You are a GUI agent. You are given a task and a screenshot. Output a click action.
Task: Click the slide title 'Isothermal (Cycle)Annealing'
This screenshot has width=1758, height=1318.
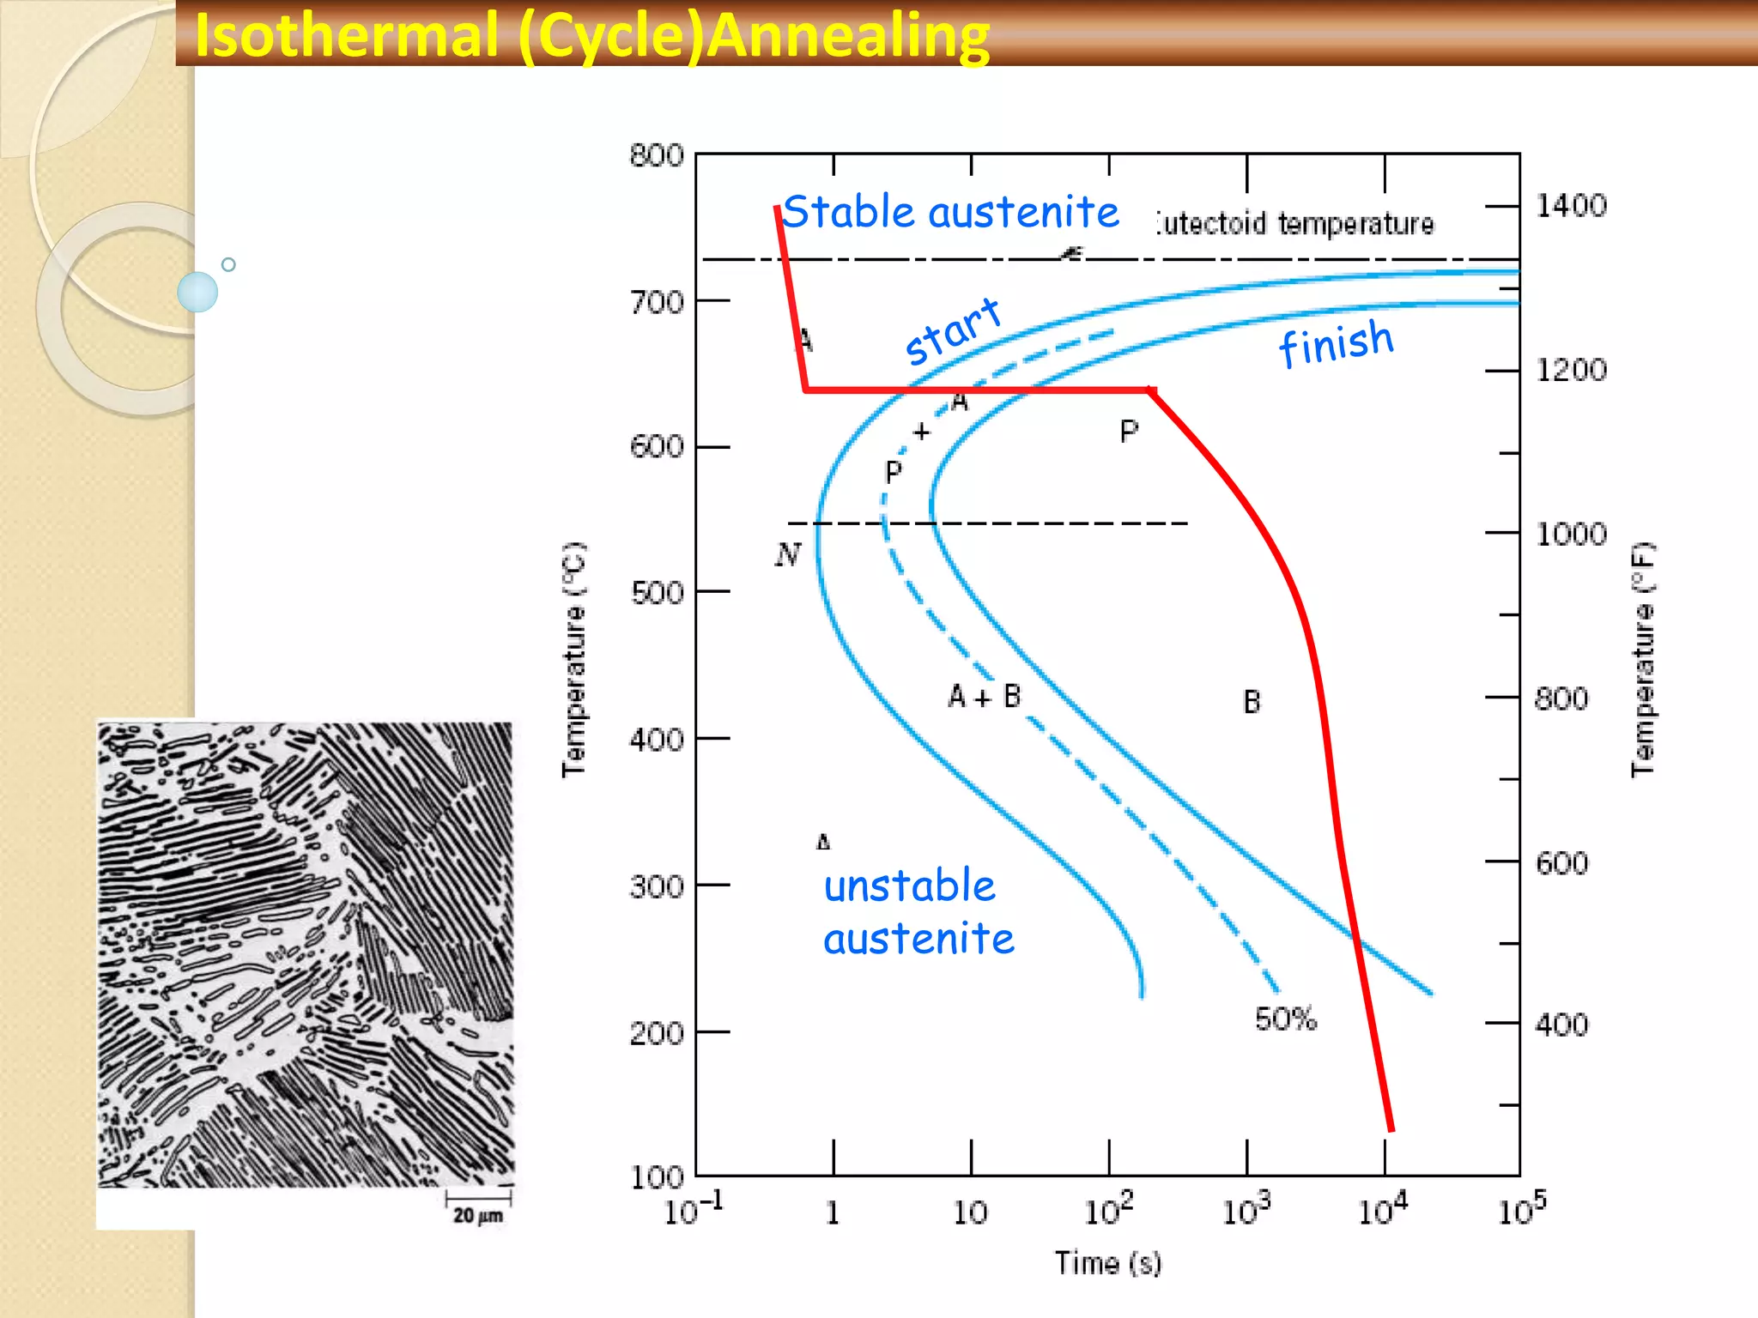(x=592, y=36)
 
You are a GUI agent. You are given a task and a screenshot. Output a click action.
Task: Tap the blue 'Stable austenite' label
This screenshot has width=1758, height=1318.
(x=951, y=212)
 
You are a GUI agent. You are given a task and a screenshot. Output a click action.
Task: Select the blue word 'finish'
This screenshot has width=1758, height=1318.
(x=1336, y=342)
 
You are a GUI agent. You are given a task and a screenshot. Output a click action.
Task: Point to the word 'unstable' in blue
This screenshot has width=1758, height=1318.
(x=910, y=886)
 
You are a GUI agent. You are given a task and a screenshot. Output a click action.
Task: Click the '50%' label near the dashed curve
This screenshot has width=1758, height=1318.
(x=1285, y=1019)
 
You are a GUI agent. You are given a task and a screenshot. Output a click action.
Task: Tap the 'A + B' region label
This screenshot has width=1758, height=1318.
(x=985, y=696)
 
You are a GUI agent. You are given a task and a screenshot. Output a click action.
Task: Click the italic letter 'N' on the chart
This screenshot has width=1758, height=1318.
(x=787, y=554)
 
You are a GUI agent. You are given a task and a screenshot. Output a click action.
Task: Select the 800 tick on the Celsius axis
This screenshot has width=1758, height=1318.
(x=657, y=156)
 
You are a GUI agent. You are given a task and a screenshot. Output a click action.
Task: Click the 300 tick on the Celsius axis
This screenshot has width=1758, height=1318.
(x=657, y=886)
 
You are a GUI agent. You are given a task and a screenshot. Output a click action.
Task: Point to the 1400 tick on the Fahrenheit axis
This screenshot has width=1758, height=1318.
(x=1571, y=206)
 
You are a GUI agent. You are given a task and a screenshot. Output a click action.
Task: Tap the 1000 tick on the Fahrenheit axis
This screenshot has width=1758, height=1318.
(x=1571, y=534)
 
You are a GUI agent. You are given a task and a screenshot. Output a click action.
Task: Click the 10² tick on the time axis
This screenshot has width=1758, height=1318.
(x=1108, y=1210)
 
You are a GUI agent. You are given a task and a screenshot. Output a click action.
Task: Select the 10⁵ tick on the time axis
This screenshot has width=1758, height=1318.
(x=1522, y=1210)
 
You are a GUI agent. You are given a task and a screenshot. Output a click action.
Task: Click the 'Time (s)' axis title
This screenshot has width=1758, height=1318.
(x=1107, y=1263)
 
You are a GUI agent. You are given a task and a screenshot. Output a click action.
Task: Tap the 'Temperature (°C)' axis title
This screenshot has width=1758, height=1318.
(x=573, y=659)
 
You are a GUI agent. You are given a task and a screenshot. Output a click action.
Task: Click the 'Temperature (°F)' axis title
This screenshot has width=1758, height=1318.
(x=1643, y=659)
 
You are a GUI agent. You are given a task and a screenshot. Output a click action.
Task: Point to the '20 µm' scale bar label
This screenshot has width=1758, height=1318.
(x=478, y=1215)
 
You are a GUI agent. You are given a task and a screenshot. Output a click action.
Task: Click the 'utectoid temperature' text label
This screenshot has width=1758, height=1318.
(x=1294, y=224)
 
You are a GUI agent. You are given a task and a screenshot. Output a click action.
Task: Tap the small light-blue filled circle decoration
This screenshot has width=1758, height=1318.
(x=197, y=292)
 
